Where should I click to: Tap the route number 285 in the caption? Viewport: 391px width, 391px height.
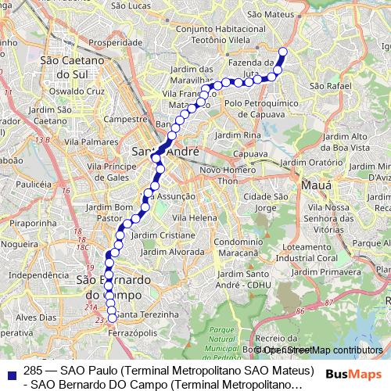[33, 370]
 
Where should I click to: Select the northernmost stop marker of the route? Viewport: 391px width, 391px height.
[283, 53]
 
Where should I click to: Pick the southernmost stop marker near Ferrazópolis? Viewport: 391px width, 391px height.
[112, 317]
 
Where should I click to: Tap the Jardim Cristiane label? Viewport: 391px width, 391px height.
[163, 235]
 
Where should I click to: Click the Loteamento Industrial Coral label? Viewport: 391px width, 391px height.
[320, 252]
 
